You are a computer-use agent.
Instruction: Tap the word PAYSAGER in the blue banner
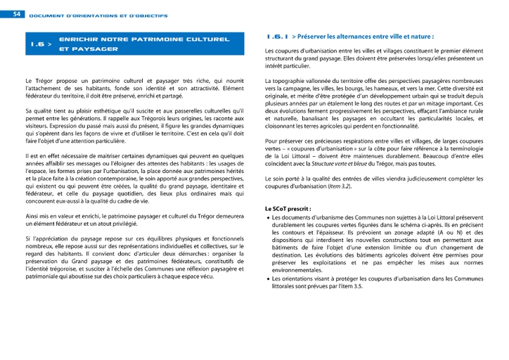point(89,50)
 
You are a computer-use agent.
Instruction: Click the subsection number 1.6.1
point(276,35)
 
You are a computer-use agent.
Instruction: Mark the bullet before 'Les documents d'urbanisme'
point(268,218)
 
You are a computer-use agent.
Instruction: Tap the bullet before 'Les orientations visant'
point(268,280)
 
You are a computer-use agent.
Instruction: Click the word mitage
point(445,105)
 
